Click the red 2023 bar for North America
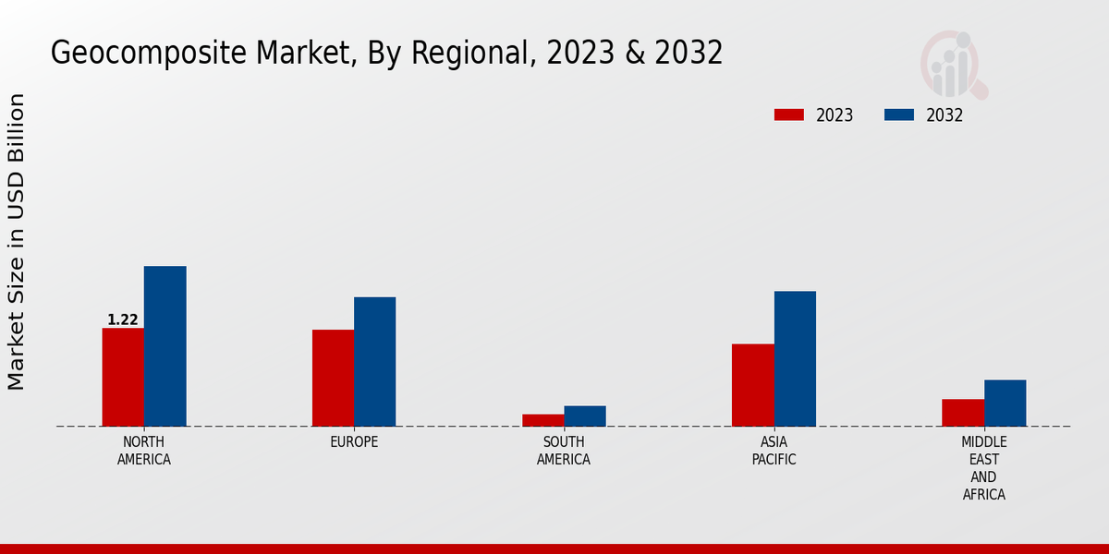(x=123, y=377)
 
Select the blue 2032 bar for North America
(x=165, y=346)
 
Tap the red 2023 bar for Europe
(x=333, y=378)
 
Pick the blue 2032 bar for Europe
(x=374, y=361)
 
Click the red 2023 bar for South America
(x=542, y=420)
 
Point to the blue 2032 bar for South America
(x=585, y=416)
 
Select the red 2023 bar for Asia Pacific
(x=752, y=385)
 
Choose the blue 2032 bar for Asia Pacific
(x=795, y=358)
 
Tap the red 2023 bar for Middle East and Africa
(x=963, y=413)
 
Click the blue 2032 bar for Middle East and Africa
(x=1005, y=403)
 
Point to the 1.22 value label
(x=123, y=320)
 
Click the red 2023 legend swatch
(x=789, y=115)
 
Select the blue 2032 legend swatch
(x=899, y=115)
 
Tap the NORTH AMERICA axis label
(x=144, y=451)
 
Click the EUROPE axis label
(x=354, y=442)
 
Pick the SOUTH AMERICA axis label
(x=564, y=451)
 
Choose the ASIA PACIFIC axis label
(x=774, y=451)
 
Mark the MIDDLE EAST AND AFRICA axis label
(x=983, y=468)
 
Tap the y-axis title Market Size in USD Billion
(x=17, y=242)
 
